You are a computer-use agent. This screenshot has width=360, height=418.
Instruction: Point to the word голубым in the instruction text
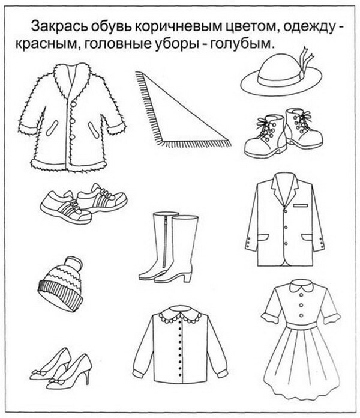point(242,44)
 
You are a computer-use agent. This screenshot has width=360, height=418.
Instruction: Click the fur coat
point(71,117)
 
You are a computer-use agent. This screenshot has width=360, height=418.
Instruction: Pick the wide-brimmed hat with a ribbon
point(281,73)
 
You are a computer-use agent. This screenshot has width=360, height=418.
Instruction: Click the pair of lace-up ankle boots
point(284,133)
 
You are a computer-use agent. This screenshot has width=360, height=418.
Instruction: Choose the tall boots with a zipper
point(169,247)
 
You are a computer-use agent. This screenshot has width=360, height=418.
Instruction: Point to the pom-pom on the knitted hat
point(74,264)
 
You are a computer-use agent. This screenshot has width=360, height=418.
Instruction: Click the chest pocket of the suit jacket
point(301,205)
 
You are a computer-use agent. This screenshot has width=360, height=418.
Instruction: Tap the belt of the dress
point(301,326)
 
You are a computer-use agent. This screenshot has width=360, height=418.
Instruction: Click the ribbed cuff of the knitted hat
point(59,296)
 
